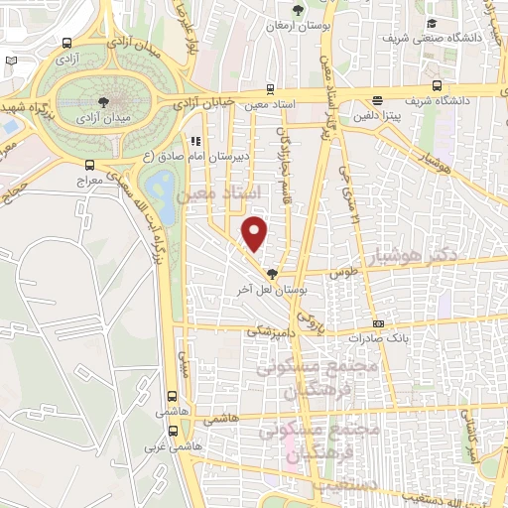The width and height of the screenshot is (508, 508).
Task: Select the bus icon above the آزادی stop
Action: tap(66, 43)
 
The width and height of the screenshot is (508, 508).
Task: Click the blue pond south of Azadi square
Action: tap(158, 187)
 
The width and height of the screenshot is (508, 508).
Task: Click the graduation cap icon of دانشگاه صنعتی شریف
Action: tap(431, 24)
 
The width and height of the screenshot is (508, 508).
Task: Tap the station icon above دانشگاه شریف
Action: tap(377, 100)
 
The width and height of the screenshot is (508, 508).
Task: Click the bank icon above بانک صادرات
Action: tap(377, 323)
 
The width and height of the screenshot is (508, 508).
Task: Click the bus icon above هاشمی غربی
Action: tap(174, 431)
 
